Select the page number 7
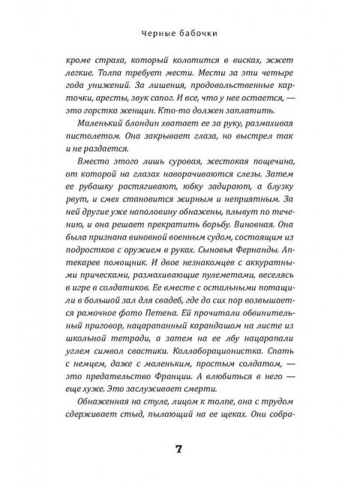coord(180,449)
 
